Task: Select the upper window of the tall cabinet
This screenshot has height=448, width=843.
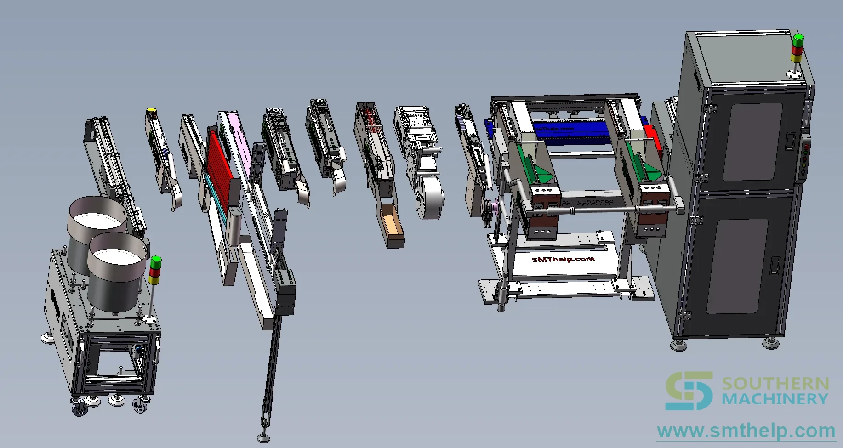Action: tap(752, 142)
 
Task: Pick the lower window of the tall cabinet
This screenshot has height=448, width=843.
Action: tap(736, 267)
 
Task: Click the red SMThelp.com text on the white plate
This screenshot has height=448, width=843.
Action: tap(563, 259)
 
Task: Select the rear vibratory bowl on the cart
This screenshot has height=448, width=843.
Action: tap(97, 225)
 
